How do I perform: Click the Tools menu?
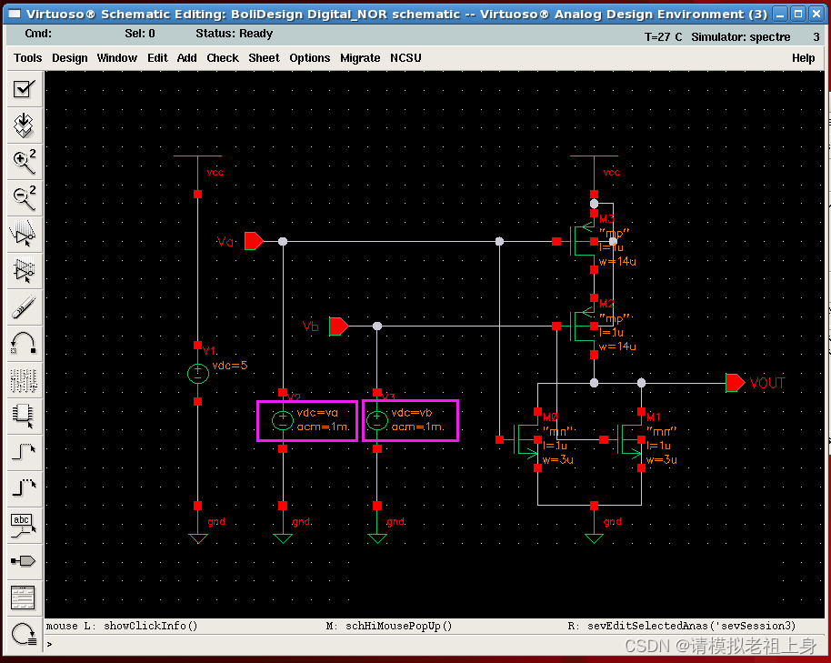[28, 57]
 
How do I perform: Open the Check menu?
[223, 57]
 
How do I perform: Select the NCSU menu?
[405, 57]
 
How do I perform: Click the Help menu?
[804, 57]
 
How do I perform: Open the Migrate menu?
[360, 57]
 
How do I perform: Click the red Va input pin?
[254, 241]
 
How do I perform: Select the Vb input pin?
[338, 326]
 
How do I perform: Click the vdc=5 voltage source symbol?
[197, 373]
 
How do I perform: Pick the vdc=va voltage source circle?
[283, 420]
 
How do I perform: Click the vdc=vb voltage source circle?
[377, 420]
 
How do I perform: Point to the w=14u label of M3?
[617, 262]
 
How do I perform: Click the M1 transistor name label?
[653, 417]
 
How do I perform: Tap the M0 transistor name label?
[549, 417]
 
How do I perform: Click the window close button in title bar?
[814, 14]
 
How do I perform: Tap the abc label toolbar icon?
[23, 523]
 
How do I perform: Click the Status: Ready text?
[235, 34]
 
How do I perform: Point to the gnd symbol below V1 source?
[197, 537]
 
